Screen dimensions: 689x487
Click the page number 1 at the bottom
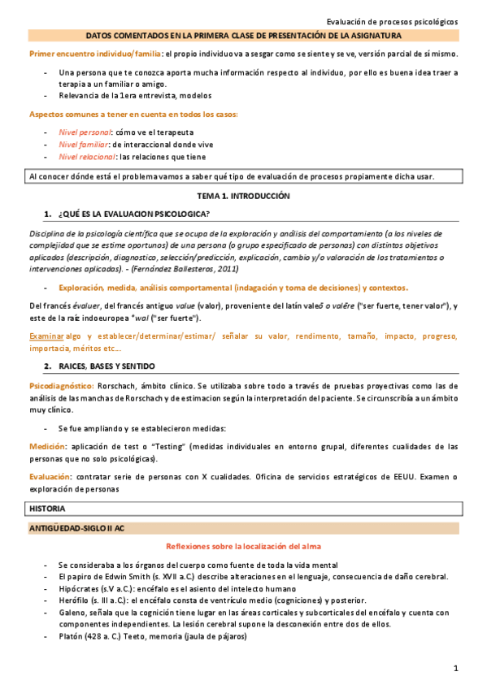pyautogui.click(x=457, y=668)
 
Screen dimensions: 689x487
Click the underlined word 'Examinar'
pyautogui.click(x=46, y=336)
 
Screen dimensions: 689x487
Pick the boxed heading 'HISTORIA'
pyautogui.click(x=49, y=508)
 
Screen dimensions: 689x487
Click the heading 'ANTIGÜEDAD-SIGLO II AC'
pyautogui.click(x=75, y=528)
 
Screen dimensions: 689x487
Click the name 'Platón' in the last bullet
pyautogui.click(x=71, y=637)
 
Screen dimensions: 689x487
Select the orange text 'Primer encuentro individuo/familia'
pyautogui.click(x=94, y=54)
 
